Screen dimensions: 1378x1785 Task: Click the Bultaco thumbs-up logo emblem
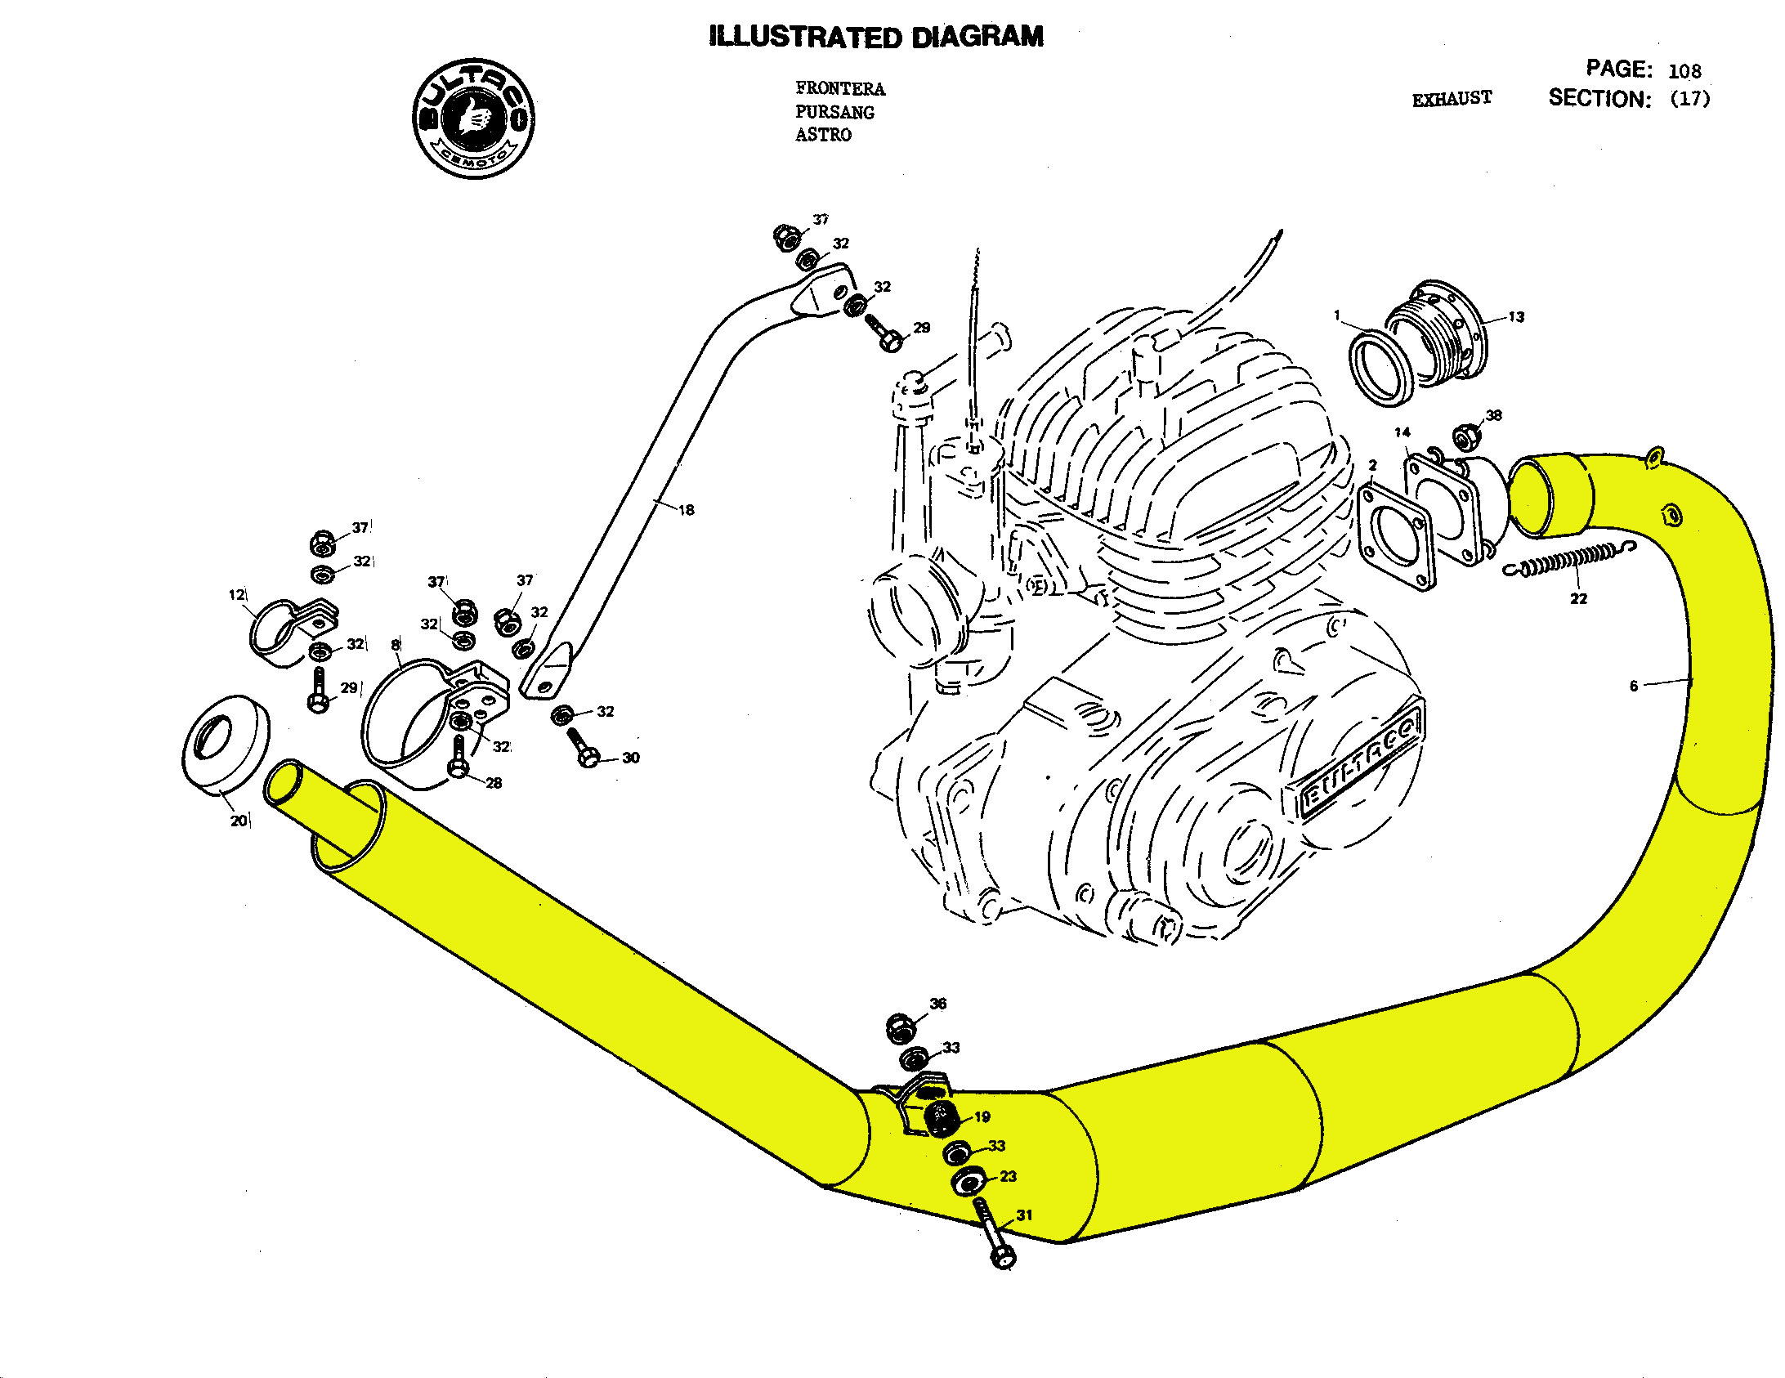point(474,119)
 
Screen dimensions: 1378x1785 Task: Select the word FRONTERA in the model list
point(839,88)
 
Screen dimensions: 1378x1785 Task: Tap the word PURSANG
point(834,112)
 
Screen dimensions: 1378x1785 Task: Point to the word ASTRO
point(823,135)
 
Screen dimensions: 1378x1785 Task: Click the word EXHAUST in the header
point(1452,99)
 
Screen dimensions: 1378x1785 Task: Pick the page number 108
point(1684,71)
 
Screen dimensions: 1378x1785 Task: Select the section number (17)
point(1689,99)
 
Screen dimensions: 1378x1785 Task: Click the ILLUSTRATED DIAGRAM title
point(876,37)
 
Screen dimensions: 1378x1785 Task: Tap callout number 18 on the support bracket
point(686,510)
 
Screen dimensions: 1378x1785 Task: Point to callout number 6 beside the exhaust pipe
point(1633,686)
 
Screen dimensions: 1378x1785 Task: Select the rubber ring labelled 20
point(225,744)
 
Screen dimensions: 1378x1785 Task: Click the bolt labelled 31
point(992,1234)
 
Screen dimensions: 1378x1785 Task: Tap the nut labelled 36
point(900,1027)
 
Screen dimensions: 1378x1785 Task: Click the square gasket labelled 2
point(1396,535)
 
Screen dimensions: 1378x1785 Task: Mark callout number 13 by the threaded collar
point(1516,317)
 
